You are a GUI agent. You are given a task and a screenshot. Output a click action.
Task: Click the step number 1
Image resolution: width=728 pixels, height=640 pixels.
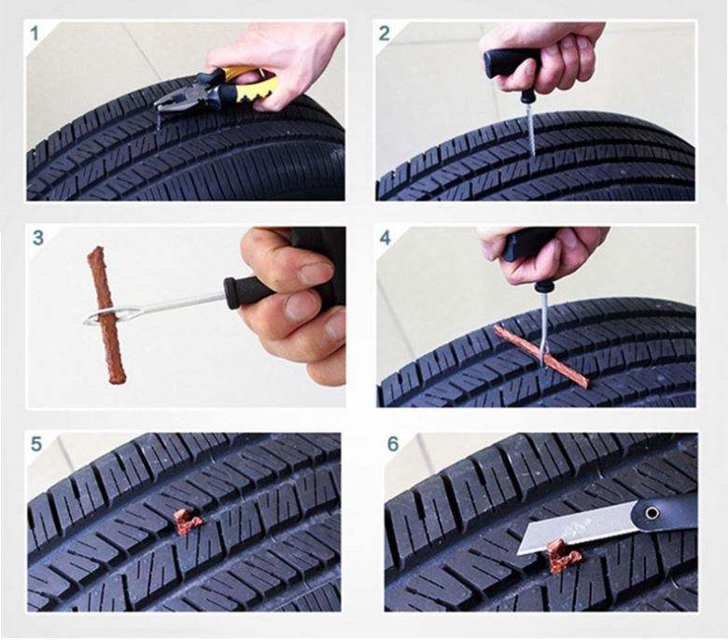(35, 34)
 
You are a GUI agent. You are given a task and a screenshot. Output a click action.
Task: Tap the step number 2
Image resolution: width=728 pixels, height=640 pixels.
(385, 34)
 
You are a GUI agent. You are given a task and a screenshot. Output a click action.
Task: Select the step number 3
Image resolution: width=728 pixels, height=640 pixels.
(37, 238)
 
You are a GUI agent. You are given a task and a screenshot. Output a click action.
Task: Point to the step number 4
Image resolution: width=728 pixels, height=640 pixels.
(385, 238)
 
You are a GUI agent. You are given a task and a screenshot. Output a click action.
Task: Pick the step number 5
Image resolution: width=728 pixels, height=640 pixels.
(36, 444)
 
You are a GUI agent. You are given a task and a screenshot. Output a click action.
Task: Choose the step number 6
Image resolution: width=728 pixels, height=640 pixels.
(393, 444)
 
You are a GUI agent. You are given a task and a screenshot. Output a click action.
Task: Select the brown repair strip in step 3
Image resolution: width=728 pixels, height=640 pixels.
(105, 314)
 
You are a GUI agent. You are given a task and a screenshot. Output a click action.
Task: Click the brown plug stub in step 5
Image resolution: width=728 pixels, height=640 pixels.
(188, 522)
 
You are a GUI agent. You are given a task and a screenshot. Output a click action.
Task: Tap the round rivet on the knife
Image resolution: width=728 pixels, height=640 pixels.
(651, 513)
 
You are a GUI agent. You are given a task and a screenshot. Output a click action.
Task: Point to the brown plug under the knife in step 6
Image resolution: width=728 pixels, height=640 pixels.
(562, 557)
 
